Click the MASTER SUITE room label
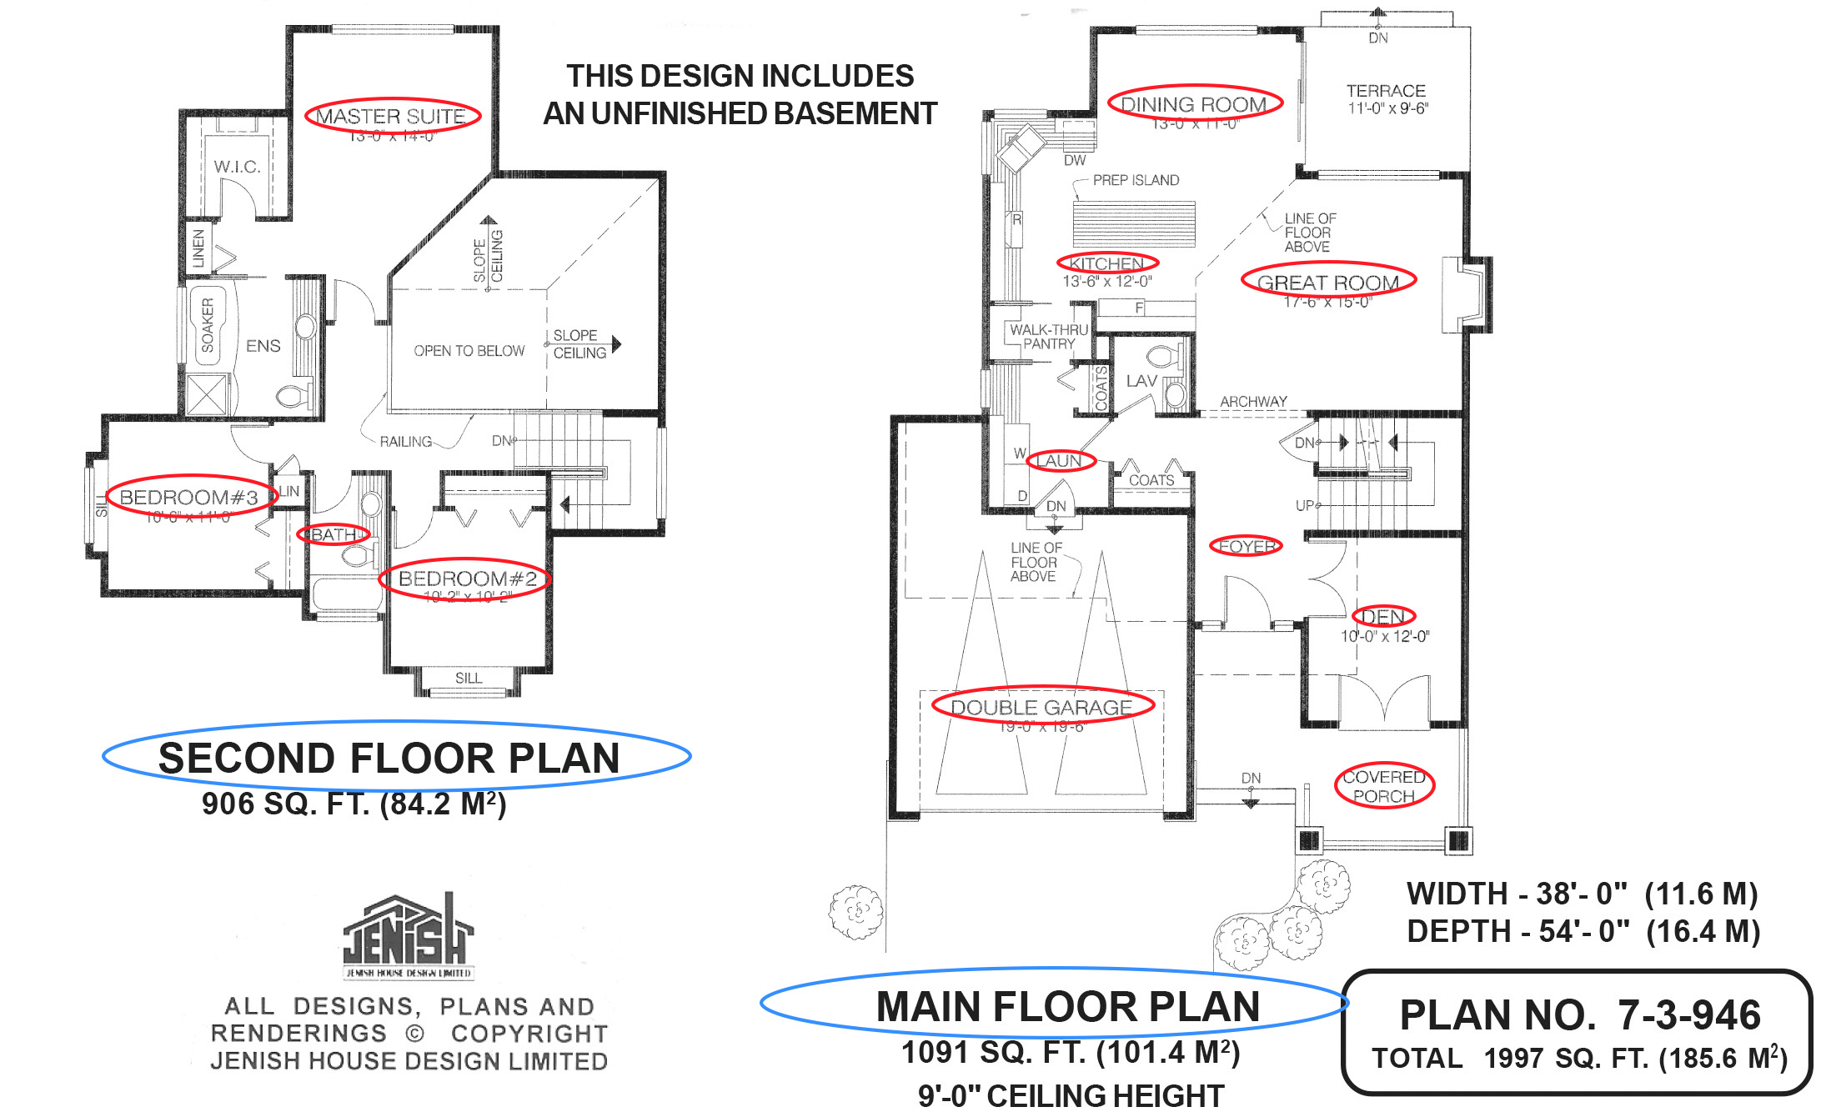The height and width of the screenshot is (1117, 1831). (x=391, y=116)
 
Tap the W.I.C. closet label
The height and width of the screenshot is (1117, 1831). (x=237, y=167)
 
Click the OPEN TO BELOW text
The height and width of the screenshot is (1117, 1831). (x=469, y=351)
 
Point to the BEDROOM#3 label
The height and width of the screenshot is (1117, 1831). (x=189, y=498)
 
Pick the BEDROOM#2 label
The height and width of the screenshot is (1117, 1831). (x=467, y=579)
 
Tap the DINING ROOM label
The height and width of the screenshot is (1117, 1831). (x=1193, y=104)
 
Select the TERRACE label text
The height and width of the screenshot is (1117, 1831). (x=1386, y=91)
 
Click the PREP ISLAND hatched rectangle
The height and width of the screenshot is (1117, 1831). (x=1134, y=223)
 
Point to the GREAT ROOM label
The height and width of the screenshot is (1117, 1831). (x=1327, y=283)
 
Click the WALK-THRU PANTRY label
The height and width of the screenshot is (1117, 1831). (x=1049, y=337)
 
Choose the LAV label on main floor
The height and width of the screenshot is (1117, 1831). (x=1141, y=381)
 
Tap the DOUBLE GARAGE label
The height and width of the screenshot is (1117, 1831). (x=1041, y=708)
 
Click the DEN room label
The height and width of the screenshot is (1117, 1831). (x=1383, y=617)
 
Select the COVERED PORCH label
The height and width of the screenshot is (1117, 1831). (x=1383, y=786)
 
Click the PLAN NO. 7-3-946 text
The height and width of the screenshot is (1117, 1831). (x=1579, y=1015)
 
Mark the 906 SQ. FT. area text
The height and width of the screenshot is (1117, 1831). (x=354, y=804)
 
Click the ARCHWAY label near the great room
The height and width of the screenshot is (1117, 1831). (x=1253, y=402)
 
